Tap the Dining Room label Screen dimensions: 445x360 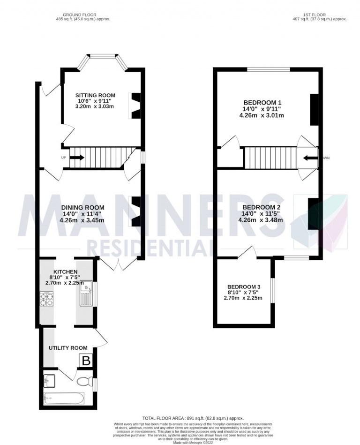(83, 207)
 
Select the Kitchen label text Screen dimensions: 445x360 (63, 272)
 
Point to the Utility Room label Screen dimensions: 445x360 (68, 347)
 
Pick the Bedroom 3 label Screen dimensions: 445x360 (244, 287)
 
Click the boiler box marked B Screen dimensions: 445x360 (86, 361)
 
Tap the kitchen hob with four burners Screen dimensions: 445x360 (47, 299)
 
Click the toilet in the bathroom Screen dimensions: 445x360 (84, 381)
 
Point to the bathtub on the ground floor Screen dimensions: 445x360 (63, 399)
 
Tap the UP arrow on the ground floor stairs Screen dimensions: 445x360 (77, 157)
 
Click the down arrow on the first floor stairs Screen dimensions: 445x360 (309, 158)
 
